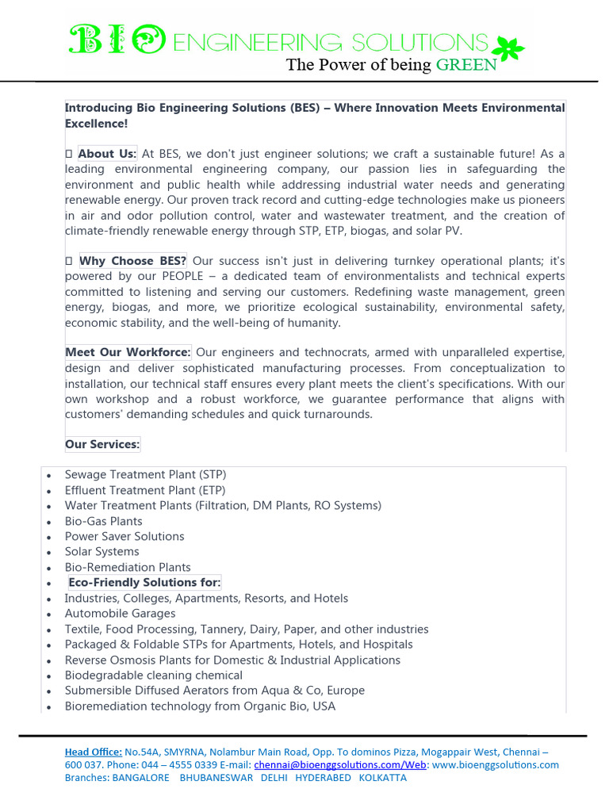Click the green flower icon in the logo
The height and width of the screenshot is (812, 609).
coord(509,48)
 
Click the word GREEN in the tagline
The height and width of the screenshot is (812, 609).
coord(466,65)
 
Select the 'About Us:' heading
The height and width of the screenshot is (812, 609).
coord(107,154)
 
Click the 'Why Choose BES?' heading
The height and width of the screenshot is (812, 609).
coord(132,261)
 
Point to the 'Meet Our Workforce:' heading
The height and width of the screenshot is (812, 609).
coord(128,353)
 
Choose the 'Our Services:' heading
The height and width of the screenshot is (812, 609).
coord(102,445)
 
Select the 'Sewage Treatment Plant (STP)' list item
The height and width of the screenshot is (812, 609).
coord(145,475)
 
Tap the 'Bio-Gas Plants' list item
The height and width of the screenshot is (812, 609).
coord(104,521)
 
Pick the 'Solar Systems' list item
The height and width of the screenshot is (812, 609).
coord(101,552)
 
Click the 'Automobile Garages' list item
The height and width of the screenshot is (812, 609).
coord(120,614)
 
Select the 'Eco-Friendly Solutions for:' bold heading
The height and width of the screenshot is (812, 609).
coord(144,583)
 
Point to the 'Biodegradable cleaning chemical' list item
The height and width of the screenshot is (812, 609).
coord(154,676)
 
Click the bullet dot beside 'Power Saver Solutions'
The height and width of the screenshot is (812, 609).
coord(49,537)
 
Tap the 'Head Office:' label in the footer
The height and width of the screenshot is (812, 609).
coord(94,752)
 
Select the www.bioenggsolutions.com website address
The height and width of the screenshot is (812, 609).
coord(496,765)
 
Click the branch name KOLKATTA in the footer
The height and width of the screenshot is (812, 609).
coord(383,778)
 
